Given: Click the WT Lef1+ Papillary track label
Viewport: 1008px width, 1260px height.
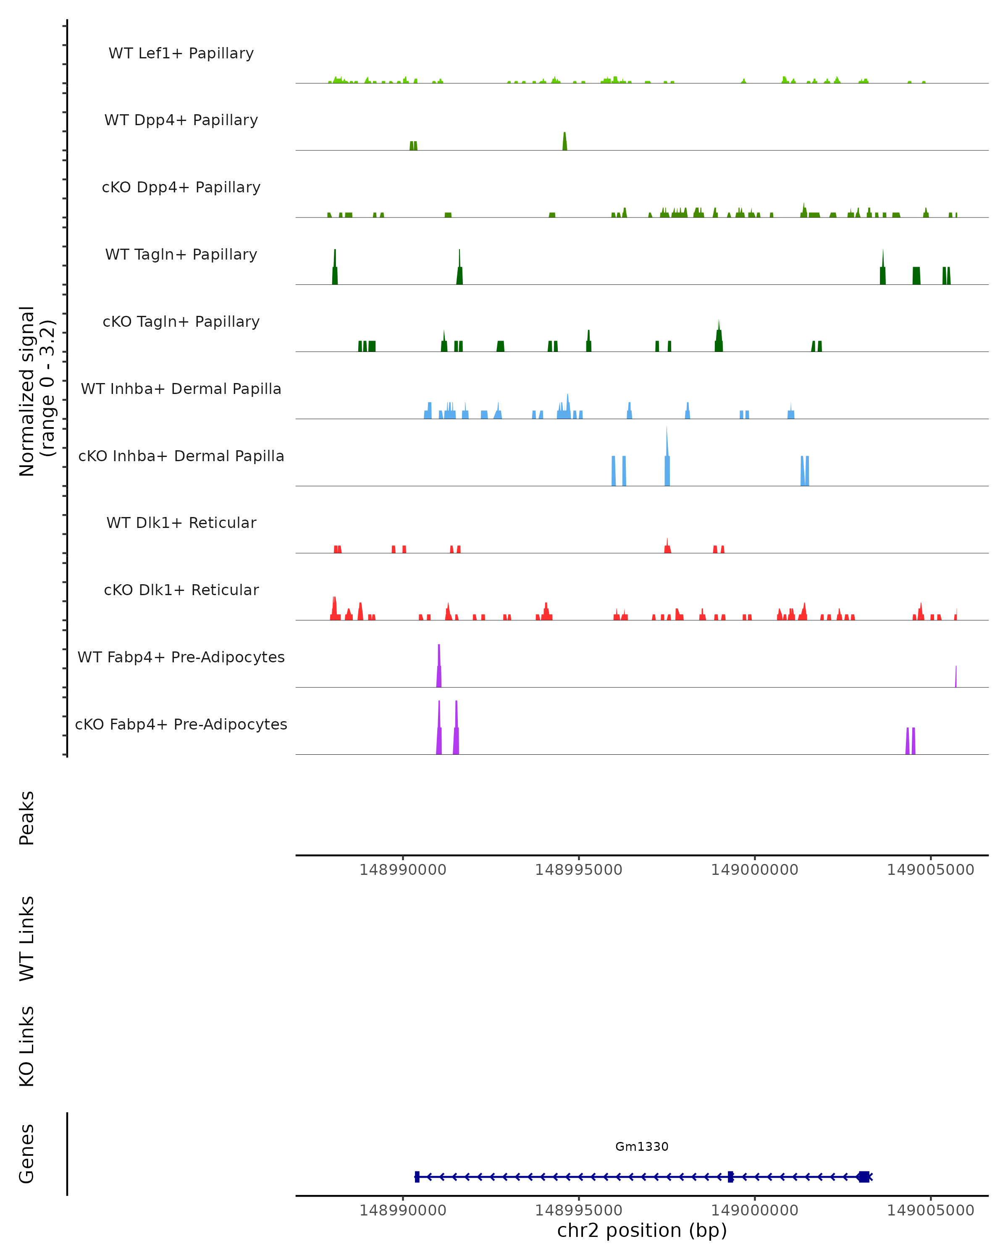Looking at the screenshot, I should tap(181, 53).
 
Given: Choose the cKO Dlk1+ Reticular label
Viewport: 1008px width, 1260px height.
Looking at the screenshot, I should tap(181, 590).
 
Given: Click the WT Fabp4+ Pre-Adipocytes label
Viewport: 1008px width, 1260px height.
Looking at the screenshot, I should tap(181, 657).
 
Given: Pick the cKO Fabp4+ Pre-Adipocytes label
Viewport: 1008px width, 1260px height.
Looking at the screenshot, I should tap(181, 724).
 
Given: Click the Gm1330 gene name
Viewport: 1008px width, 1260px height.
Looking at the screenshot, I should tap(642, 1147).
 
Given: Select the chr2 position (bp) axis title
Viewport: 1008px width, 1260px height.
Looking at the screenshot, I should tap(642, 1230).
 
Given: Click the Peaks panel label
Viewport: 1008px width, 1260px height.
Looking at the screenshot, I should tap(27, 818).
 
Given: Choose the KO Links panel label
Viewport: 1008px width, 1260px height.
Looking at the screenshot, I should tap(27, 1046).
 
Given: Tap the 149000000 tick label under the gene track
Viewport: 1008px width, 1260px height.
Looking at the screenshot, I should tap(754, 1210).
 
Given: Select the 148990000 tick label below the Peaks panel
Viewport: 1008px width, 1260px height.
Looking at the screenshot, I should tap(403, 870).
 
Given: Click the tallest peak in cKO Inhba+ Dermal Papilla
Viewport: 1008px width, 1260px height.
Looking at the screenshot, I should tap(667, 459).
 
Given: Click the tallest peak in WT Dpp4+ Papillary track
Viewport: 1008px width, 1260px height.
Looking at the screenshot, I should tap(564, 142).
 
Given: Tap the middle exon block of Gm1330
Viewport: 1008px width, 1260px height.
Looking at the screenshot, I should tap(730, 1176).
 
